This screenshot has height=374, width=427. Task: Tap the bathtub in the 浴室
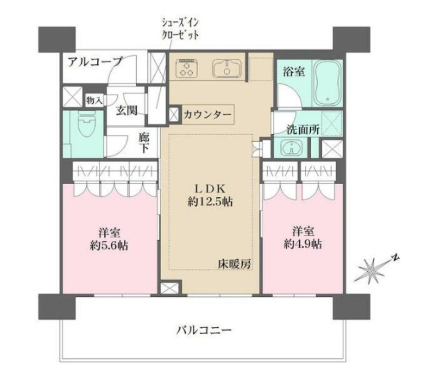tap(328, 83)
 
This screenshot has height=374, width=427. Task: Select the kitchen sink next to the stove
tap(227, 68)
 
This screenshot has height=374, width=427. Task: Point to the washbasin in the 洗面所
tap(291, 148)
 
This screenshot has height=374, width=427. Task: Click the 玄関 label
tap(126, 110)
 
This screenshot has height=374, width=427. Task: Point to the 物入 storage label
tap(94, 101)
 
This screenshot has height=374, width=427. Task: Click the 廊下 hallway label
tap(144, 143)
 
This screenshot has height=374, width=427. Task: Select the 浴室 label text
tap(294, 72)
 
